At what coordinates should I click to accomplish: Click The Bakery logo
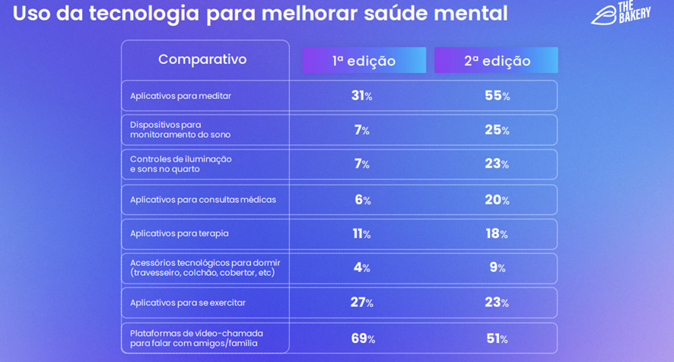pyautogui.click(x=621, y=13)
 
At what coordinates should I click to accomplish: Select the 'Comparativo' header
pyautogui.click(x=202, y=59)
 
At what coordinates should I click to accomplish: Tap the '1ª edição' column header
pyautogui.click(x=364, y=61)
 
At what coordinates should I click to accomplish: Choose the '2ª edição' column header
pyautogui.click(x=497, y=61)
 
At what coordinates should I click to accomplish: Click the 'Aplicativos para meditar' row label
pyautogui.click(x=180, y=96)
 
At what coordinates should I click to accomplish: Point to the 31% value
pyautogui.click(x=361, y=96)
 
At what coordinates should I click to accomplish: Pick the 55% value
pyautogui.click(x=497, y=96)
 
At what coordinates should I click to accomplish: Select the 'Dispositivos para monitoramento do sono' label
pyautogui.click(x=180, y=130)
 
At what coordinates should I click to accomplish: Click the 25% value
pyautogui.click(x=497, y=130)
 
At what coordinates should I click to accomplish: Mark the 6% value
pyautogui.click(x=362, y=200)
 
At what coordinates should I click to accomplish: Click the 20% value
pyautogui.click(x=497, y=200)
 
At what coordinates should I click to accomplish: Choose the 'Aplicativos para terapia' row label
pyautogui.click(x=179, y=233)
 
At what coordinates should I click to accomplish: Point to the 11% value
pyautogui.click(x=361, y=234)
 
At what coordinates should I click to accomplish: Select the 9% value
pyautogui.click(x=497, y=267)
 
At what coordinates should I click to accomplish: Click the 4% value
pyautogui.click(x=361, y=267)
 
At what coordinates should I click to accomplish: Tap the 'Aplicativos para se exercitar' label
pyautogui.click(x=187, y=303)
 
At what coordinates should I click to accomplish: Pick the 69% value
pyautogui.click(x=362, y=338)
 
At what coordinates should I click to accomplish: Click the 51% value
pyautogui.click(x=497, y=338)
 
